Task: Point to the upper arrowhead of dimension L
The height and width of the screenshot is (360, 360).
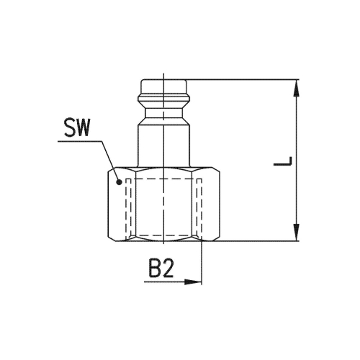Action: coord(297,85)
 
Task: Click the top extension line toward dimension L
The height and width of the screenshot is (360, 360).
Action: coord(245,78)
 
